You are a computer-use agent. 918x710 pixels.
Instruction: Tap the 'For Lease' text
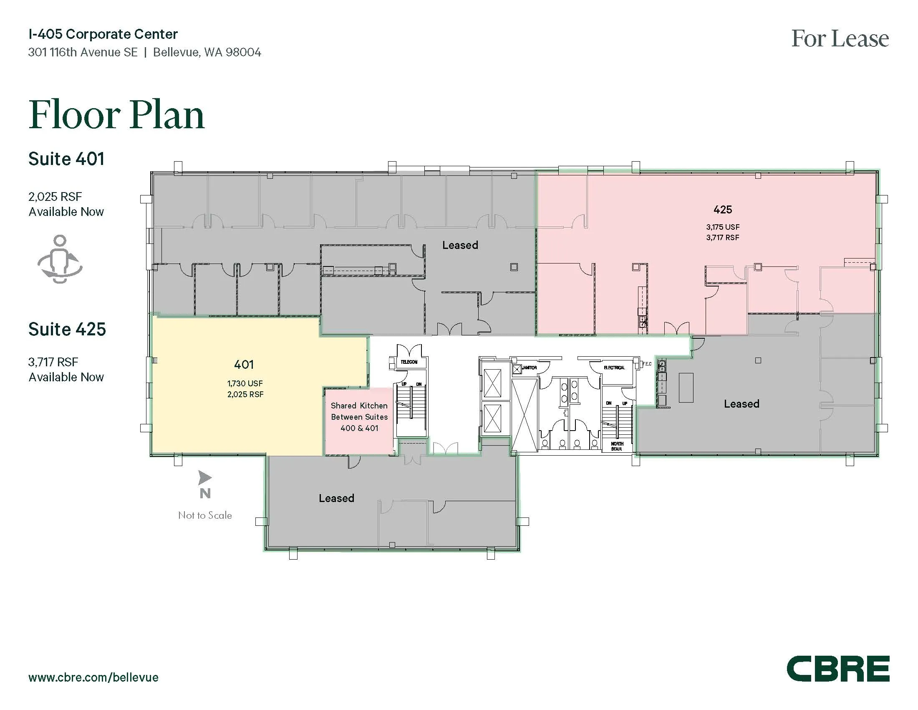click(x=840, y=39)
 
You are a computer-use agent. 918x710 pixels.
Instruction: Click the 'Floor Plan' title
click(x=116, y=114)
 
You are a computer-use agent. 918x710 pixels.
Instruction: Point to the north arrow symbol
click(x=205, y=478)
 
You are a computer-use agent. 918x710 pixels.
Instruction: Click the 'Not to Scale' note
click(x=205, y=515)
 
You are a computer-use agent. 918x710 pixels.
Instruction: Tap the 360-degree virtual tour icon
click(x=60, y=259)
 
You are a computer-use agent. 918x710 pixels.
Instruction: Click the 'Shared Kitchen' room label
click(x=359, y=406)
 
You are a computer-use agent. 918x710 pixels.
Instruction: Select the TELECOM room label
click(x=409, y=362)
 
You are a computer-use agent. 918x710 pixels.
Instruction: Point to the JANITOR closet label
click(x=529, y=368)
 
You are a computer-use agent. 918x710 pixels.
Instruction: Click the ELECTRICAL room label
click(x=614, y=368)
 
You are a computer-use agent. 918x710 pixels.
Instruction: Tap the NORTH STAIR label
click(x=617, y=446)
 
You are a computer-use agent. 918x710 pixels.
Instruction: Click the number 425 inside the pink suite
click(x=723, y=210)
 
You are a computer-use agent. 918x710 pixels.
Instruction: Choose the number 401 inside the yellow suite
click(x=244, y=364)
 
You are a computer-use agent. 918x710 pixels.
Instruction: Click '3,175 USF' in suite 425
click(x=723, y=227)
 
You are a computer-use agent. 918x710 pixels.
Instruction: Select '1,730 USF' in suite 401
click(x=245, y=383)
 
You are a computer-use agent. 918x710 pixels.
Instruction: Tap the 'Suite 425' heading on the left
click(x=67, y=330)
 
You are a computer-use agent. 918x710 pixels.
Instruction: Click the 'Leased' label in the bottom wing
click(x=336, y=498)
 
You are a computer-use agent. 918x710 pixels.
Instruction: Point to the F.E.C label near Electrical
click(x=646, y=364)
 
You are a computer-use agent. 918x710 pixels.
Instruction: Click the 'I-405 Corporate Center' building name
click(x=103, y=34)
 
